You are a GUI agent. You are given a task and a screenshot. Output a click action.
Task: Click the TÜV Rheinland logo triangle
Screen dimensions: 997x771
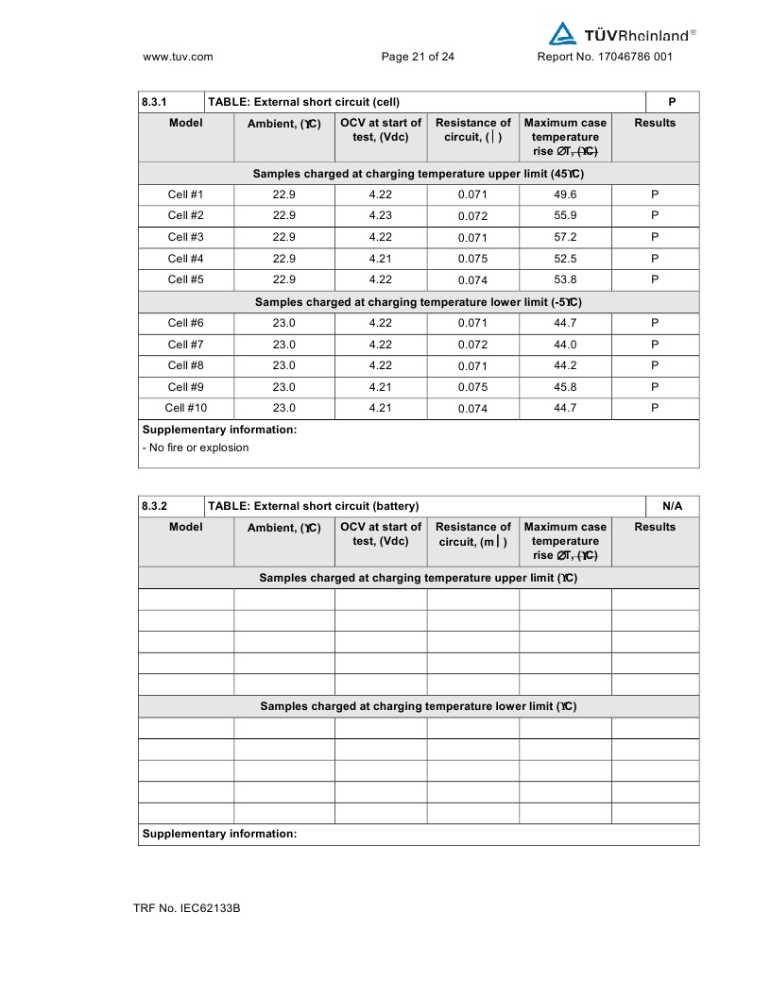pyautogui.click(x=562, y=34)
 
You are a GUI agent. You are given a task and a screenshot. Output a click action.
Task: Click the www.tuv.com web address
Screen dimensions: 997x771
pyautogui.click(x=178, y=57)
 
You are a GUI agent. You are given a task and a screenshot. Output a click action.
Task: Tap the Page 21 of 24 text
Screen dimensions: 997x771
pyautogui.click(x=418, y=57)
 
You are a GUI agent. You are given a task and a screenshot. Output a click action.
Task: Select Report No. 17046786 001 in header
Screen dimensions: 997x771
pyautogui.click(x=605, y=57)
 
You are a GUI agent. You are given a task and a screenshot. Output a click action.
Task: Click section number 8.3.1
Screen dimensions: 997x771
pyautogui.click(x=154, y=102)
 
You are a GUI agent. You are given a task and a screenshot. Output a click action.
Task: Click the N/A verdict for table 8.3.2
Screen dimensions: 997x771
pyautogui.click(x=672, y=506)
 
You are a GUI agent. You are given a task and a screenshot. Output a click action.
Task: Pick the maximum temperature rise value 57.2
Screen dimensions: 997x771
pyautogui.click(x=565, y=237)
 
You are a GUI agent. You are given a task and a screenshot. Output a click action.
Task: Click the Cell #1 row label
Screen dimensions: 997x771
pyautogui.click(x=185, y=194)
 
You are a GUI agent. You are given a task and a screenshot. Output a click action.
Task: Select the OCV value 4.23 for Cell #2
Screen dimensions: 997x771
pyautogui.click(x=380, y=215)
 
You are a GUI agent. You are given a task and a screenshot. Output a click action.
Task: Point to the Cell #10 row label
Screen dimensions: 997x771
pyautogui.click(x=185, y=408)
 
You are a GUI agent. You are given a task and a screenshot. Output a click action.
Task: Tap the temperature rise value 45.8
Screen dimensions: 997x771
pyautogui.click(x=565, y=387)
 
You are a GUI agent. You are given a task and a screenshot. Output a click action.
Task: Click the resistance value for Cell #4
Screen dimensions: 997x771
pyautogui.click(x=472, y=259)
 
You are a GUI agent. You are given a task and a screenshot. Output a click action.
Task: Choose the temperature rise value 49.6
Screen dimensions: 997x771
pyautogui.click(x=565, y=194)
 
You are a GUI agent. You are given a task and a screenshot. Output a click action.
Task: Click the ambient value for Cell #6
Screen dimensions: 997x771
pyautogui.click(x=283, y=323)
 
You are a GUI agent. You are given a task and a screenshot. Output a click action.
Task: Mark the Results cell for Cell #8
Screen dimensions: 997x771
pyautogui.click(x=655, y=365)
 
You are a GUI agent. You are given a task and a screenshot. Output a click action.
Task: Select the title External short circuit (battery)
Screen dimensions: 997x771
pyautogui.click(x=313, y=506)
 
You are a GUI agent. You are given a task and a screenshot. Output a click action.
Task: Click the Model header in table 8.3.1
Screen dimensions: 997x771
pyautogui.click(x=185, y=123)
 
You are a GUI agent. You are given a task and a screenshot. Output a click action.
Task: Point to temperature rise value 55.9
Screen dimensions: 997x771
pyautogui.click(x=565, y=215)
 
